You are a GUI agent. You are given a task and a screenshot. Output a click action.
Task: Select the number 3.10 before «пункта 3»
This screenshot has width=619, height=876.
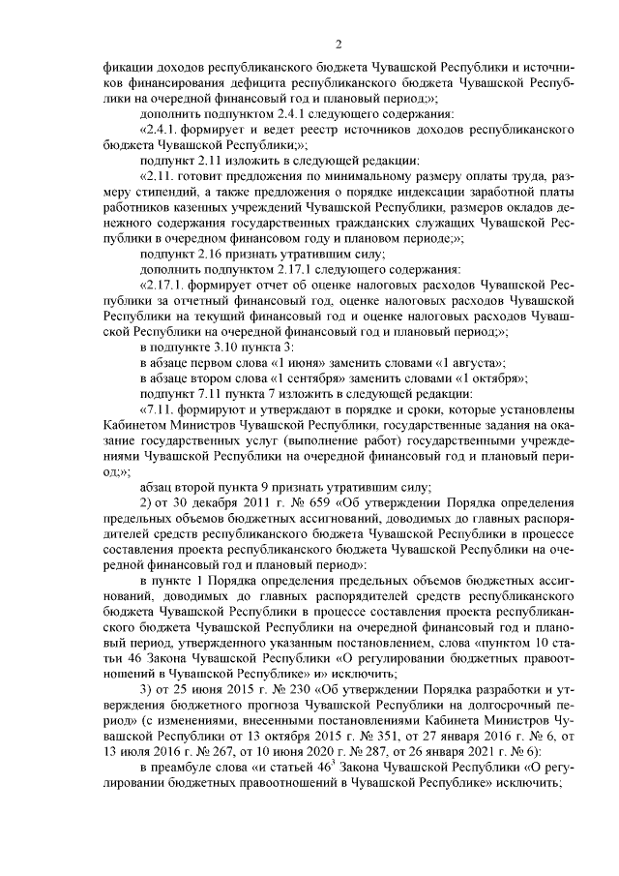coord(220,346)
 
